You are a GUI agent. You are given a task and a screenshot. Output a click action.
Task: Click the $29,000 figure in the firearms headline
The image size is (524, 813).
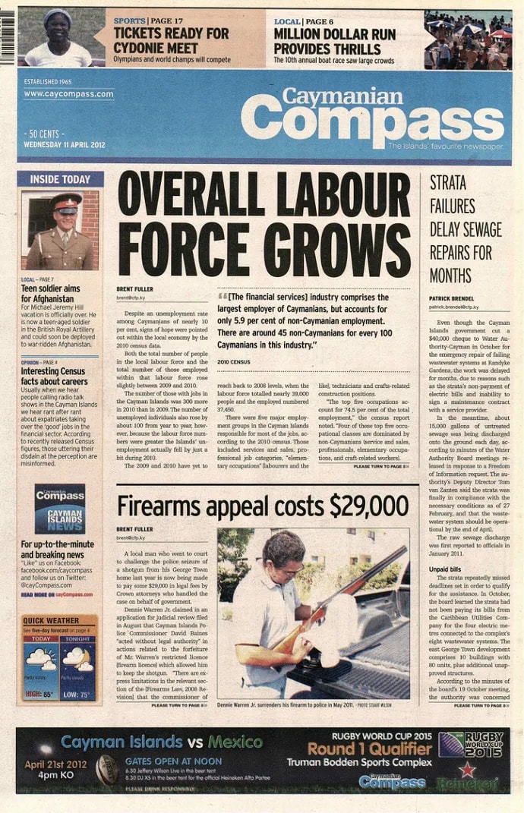pos(369,505)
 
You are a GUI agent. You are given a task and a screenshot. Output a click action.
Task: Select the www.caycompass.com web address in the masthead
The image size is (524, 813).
pos(68,94)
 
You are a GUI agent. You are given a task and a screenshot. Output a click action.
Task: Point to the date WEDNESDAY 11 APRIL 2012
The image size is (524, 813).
pos(64,144)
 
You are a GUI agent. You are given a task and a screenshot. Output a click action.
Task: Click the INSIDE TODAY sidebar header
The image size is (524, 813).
pos(60,179)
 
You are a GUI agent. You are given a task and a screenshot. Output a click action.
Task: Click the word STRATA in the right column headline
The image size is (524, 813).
pos(448,183)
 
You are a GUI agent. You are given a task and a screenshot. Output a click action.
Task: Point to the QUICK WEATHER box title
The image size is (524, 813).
pos(51,620)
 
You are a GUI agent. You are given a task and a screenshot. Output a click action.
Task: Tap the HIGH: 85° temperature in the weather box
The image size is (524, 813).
pos(39,694)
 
